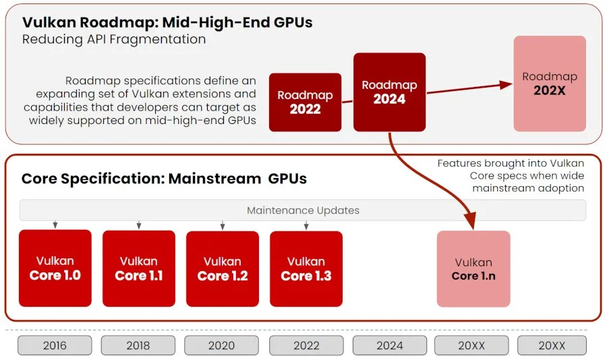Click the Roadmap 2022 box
point(305,102)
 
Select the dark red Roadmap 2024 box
point(389,92)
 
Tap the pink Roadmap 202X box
point(549,84)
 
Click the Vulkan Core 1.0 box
point(55,268)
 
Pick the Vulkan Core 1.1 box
point(138,268)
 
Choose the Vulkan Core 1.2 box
point(222,268)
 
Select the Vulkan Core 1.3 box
point(306,268)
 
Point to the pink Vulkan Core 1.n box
point(473,268)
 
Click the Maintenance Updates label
point(303,210)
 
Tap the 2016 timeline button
point(55,345)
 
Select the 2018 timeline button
point(138,345)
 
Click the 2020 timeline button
point(221,345)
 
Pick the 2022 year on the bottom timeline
point(306,345)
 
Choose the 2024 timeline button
point(389,345)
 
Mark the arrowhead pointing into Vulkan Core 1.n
point(469,222)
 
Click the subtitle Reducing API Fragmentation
point(114,39)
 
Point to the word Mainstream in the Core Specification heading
point(215,179)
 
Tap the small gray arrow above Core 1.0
point(55,224)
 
